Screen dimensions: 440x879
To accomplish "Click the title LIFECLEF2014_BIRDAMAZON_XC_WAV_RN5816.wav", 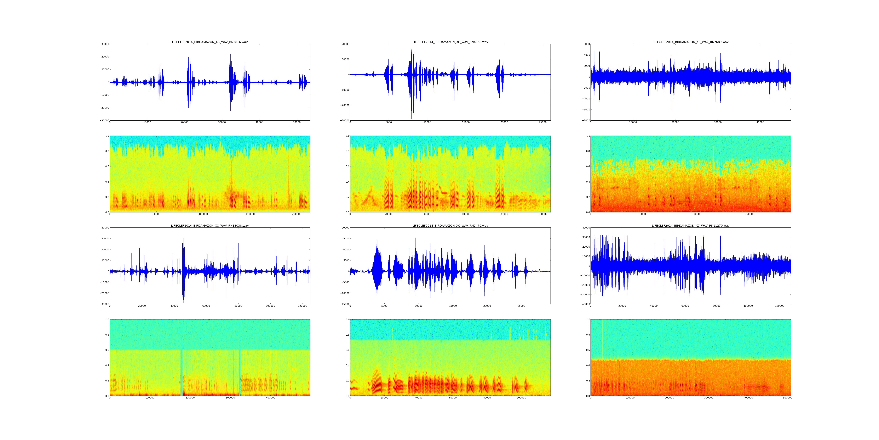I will [209, 42].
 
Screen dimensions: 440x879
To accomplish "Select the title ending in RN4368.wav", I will [450, 42].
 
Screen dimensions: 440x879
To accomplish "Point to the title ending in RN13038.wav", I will [209, 226].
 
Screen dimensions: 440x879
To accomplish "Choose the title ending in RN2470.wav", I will [450, 226].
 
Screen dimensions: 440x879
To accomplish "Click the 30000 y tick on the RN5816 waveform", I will [104, 44].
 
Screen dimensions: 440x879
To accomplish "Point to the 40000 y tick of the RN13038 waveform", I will [104, 228].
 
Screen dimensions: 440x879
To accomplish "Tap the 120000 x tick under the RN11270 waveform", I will [780, 306].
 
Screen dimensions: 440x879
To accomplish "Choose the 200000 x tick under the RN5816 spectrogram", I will [297, 214].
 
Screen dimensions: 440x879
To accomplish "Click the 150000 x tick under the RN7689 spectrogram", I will [750, 214].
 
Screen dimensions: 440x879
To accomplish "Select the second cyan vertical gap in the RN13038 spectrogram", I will [240, 372].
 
